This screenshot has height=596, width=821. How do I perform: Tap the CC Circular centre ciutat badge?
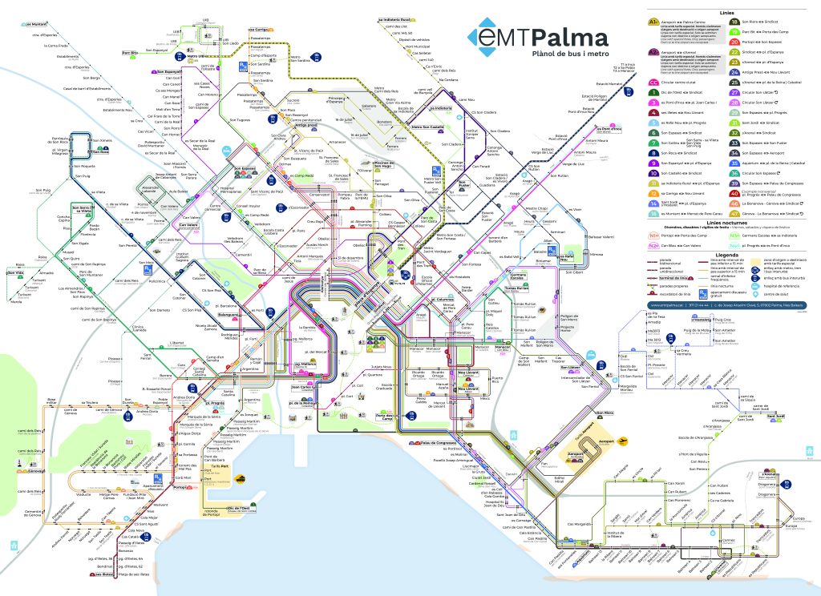[x=654, y=82]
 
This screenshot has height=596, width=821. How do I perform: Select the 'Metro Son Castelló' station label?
[x=427, y=127]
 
